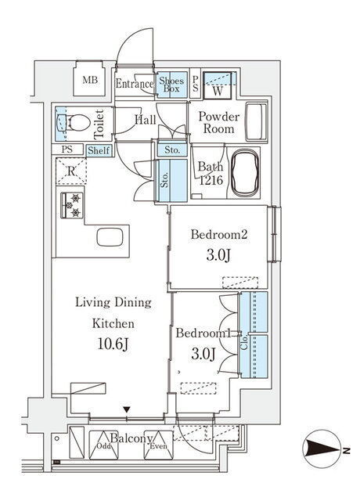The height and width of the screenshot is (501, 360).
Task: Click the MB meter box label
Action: click(90, 80)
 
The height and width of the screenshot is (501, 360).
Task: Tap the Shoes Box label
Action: click(171, 85)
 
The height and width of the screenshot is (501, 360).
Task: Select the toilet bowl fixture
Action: click(73, 124)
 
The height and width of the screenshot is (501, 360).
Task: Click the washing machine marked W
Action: click(218, 85)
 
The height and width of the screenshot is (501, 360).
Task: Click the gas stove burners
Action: click(72, 205)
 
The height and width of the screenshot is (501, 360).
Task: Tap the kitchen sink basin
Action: click(110, 237)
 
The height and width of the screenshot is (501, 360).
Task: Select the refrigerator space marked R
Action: click(71, 171)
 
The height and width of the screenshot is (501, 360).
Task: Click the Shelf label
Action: click(99, 150)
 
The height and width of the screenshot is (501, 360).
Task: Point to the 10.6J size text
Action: click(113, 344)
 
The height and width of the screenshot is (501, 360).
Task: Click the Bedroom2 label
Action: click(219, 235)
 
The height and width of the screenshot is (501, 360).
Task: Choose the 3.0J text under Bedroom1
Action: click(203, 354)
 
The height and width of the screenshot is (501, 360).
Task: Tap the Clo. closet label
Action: click(244, 341)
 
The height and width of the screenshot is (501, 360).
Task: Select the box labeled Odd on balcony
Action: click(103, 445)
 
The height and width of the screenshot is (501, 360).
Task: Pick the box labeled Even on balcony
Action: click(158, 445)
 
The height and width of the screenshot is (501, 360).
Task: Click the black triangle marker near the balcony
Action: click(127, 409)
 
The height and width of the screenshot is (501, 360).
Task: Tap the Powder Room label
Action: click(218, 122)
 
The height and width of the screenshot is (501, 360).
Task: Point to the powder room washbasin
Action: click(256, 121)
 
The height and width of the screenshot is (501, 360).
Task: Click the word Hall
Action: click(146, 120)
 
